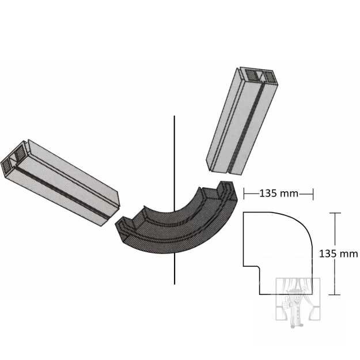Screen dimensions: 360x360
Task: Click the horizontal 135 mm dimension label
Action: [278, 194]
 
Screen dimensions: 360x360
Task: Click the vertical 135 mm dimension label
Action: [339, 253]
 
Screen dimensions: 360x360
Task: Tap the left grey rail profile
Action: [60, 183]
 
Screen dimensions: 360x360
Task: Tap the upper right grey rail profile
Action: [242, 121]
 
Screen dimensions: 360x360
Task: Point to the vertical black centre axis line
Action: [175, 200]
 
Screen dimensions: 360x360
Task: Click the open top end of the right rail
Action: [259, 76]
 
